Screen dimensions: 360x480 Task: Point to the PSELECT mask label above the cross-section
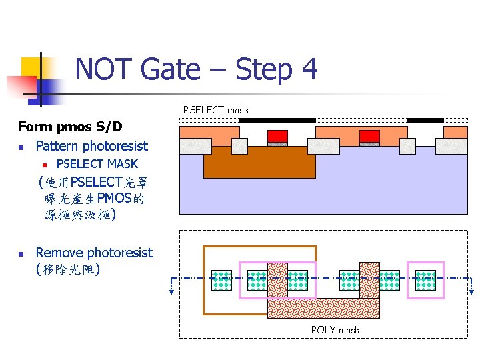pos(216,110)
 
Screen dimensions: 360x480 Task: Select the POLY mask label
pos(335,330)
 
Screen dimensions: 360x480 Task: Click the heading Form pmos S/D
pos(70,127)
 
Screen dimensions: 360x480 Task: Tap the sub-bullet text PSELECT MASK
pos(97,164)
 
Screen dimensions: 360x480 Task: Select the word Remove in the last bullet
pos(59,253)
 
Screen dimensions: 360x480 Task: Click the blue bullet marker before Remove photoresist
pos(22,254)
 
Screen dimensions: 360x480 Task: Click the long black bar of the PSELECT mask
pos(277,120)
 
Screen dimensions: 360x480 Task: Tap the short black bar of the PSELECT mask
pos(425,120)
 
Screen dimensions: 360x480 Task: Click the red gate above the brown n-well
pos(277,136)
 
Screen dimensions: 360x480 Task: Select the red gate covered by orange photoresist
pos(369,136)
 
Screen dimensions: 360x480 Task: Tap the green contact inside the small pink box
pos(425,280)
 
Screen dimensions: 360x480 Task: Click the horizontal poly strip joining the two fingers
pos(323,308)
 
